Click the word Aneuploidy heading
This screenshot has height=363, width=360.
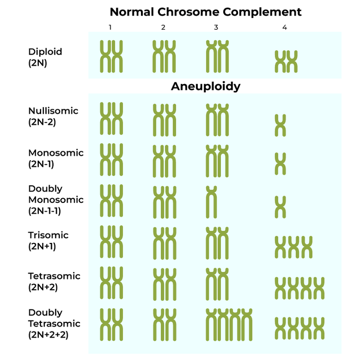205,86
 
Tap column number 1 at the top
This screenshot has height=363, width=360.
110,27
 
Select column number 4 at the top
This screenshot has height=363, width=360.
285,27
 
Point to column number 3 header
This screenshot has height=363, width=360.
216,27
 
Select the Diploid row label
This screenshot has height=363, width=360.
45,52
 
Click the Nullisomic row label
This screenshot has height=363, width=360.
53,111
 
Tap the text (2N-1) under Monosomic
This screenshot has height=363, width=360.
41,164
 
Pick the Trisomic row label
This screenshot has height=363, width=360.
48,235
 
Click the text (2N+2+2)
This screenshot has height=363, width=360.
48,335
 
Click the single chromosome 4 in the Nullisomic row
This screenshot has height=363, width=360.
281,125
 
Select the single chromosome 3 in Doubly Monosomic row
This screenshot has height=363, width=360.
211,202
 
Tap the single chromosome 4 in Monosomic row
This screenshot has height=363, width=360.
281,164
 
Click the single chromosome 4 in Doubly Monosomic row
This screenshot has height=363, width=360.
281,207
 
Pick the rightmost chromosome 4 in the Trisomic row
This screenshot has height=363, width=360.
307,247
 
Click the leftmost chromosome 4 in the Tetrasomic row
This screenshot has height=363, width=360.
281,288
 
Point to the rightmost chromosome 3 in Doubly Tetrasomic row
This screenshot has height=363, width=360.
246,325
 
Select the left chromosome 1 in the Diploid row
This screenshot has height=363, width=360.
105,56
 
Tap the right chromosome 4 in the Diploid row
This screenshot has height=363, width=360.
292,61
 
